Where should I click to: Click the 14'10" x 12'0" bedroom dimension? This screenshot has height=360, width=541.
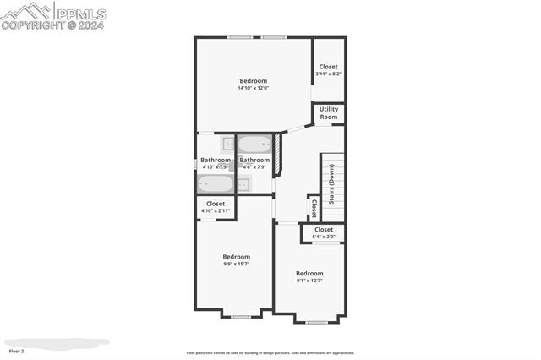(253, 88)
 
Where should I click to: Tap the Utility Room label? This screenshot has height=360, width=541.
(328, 113)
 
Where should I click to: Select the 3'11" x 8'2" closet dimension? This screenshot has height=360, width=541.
(328, 74)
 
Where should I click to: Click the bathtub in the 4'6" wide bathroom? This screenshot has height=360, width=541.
(254, 144)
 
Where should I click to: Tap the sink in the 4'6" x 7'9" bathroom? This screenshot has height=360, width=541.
(243, 185)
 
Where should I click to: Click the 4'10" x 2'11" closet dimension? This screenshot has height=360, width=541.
(216, 210)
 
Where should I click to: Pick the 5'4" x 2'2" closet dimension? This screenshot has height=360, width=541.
(323, 237)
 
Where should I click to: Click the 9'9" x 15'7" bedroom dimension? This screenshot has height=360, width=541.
(236, 265)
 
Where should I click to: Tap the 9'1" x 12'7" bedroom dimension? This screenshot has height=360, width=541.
(309, 281)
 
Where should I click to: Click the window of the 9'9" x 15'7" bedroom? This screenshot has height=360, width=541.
(236, 316)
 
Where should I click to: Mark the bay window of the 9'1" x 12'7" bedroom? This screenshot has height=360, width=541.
(317, 322)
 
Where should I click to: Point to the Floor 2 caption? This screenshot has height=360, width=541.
(16, 350)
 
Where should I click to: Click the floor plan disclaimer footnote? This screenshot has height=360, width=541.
(270, 353)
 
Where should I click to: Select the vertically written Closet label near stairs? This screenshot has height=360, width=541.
(313, 208)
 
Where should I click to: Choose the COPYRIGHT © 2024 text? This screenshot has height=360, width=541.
(40, 25)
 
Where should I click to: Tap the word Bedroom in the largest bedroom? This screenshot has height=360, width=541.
(253, 81)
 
